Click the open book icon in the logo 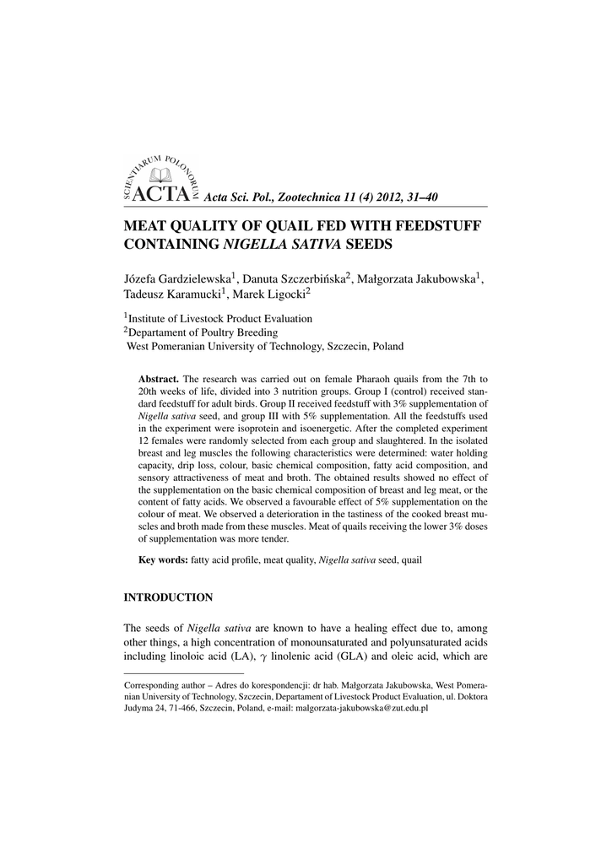[x=160, y=174]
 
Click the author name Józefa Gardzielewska [x=178, y=278]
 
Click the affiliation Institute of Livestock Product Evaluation [x=220, y=319]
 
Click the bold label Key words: [x=163, y=559]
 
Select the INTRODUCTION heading [x=168, y=597]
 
